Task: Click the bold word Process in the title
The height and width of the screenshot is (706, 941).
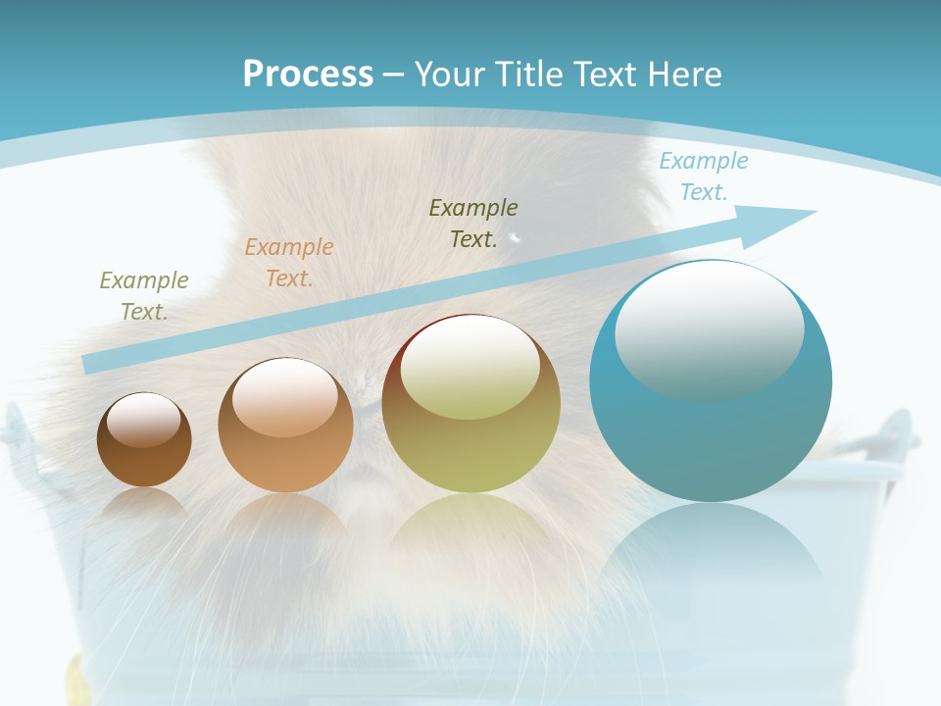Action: [308, 75]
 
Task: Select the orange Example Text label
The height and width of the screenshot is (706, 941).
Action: [289, 263]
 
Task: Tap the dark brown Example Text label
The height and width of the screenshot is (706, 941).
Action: [473, 224]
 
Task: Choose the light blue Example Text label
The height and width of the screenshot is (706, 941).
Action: [704, 176]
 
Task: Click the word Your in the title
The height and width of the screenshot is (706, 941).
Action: [445, 75]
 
